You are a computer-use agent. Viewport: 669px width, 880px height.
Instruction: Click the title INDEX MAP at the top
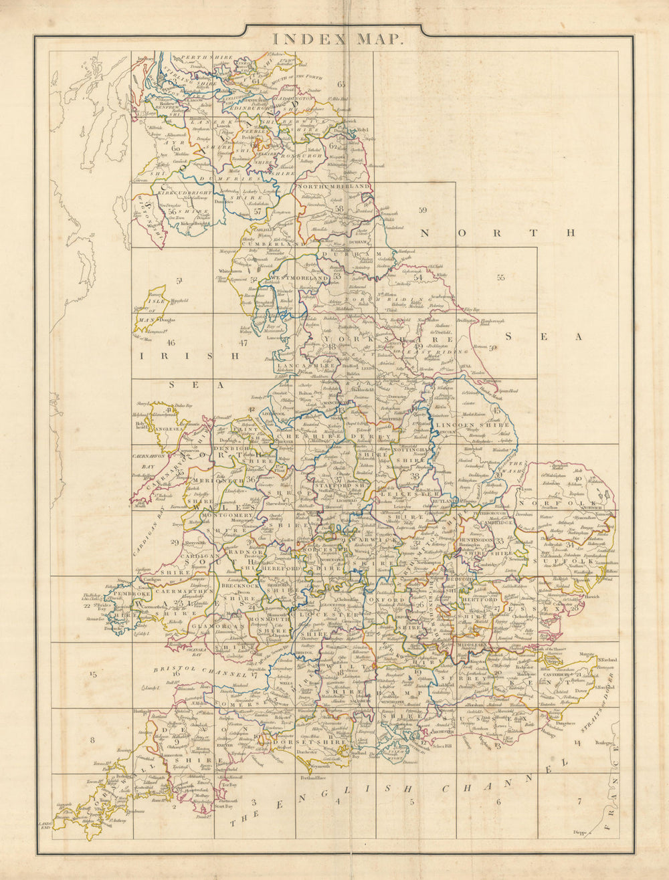[x=337, y=39]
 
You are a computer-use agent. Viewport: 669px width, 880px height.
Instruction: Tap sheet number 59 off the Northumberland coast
[x=422, y=211]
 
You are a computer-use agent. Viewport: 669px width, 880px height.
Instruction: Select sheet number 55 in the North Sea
[x=500, y=278]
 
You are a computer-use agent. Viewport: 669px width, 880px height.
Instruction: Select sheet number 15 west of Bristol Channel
[x=93, y=675]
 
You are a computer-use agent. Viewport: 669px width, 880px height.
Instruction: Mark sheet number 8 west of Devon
[x=93, y=740]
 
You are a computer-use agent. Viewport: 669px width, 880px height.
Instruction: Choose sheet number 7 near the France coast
[x=579, y=801]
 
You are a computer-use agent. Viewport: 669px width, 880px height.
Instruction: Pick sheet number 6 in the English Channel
[x=498, y=802]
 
